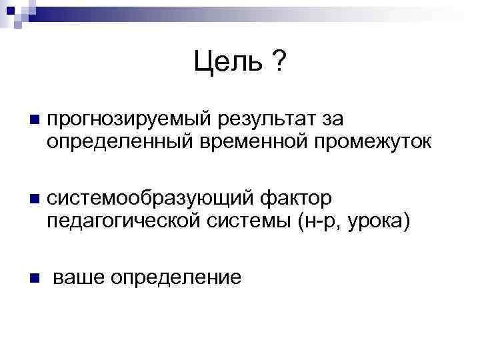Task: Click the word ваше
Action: [x=78, y=277]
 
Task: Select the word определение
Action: [x=177, y=277]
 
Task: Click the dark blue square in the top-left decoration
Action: [x=11, y=11]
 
